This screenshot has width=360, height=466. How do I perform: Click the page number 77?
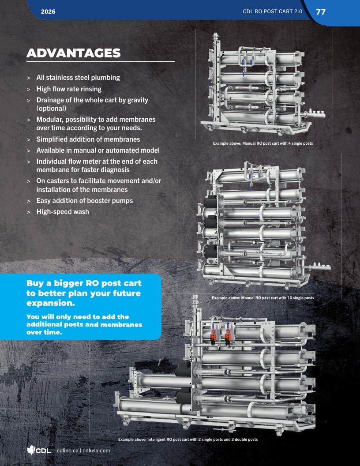[321, 11]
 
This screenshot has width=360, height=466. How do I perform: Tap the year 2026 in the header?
[48, 11]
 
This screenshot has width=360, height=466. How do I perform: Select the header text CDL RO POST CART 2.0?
[272, 11]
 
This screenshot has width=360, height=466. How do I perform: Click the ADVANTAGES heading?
[73, 53]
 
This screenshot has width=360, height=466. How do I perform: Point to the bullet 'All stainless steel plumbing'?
[78, 78]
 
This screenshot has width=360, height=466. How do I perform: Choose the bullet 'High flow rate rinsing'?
[69, 89]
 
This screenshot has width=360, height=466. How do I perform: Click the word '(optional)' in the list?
[51, 109]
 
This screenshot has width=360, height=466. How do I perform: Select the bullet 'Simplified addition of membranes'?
[88, 139]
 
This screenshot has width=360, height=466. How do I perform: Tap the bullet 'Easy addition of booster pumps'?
[85, 201]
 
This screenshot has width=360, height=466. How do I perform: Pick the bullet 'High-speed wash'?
[63, 212]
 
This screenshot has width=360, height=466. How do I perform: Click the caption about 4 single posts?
[263, 143]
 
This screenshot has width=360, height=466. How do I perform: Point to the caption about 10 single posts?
[263, 297]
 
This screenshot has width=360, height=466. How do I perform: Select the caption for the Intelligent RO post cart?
[188, 439]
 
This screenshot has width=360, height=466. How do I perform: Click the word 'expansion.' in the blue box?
[50, 303]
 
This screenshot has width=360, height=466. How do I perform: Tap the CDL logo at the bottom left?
[39, 450]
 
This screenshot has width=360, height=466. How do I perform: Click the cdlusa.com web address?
[96, 451]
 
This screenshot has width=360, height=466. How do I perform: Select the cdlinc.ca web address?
[68, 451]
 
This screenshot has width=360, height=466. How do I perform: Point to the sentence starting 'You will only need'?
[84, 324]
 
